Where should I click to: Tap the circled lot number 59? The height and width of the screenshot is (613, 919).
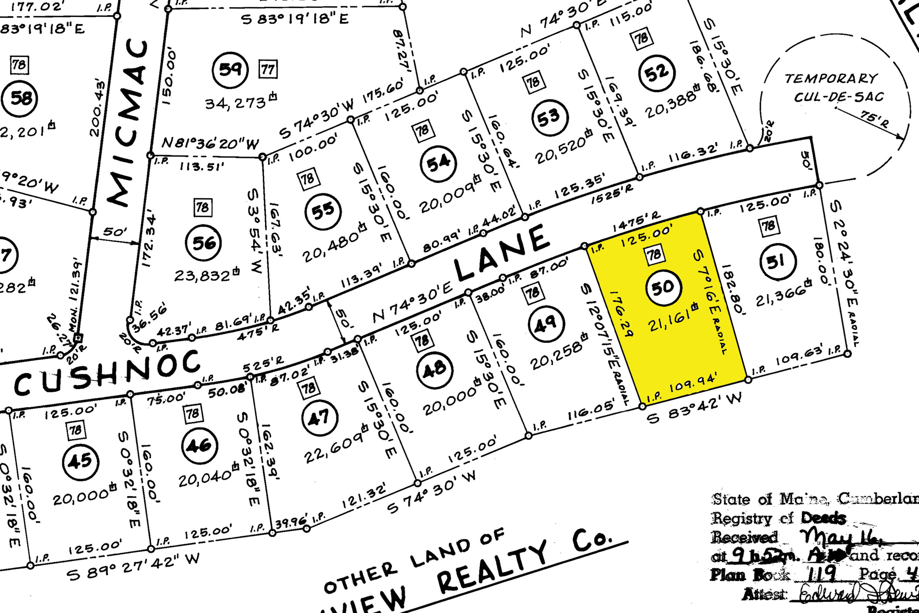230,70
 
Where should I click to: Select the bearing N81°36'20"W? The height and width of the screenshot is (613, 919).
210,143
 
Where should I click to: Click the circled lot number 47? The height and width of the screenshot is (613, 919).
320,418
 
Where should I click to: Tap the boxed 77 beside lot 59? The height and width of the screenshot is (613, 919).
268,70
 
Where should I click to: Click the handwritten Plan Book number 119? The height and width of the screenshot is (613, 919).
821,574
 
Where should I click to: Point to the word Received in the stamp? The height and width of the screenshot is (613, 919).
744,537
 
